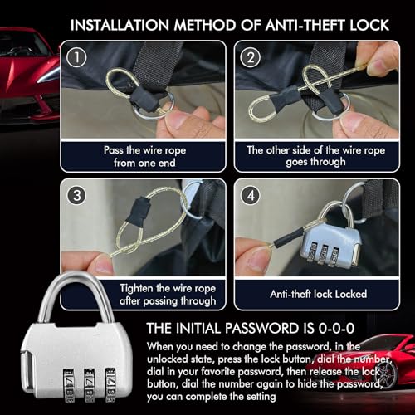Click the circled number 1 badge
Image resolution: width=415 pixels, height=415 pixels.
(76, 57)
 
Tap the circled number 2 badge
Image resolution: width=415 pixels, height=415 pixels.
(251, 57)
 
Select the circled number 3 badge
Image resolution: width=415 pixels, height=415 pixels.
(76, 195)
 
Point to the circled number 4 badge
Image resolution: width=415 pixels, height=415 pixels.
(251, 195)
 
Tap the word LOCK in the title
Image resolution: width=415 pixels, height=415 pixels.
(369, 25)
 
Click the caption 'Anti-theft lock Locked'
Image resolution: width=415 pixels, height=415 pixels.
(319, 294)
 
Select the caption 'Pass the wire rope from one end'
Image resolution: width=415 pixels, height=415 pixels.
(144, 156)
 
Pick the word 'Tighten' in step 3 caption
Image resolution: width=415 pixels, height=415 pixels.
(136, 288)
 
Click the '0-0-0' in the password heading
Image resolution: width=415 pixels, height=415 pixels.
(336, 328)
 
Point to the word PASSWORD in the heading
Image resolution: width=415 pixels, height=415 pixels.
(261, 328)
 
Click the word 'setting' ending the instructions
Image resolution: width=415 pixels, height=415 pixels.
(261, 397)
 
